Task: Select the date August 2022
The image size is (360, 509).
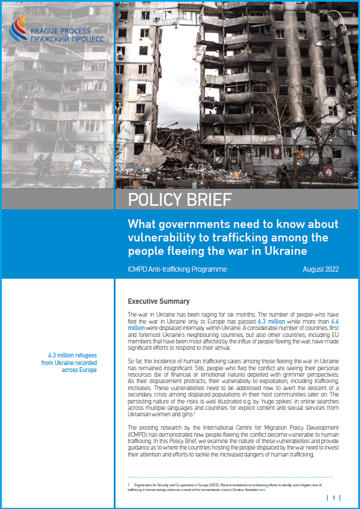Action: point(321,269)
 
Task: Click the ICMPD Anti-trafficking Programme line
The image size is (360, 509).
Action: point(177,269)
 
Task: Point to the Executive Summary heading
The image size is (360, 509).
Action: point(159,301)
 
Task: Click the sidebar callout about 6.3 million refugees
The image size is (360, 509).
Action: point(72,361)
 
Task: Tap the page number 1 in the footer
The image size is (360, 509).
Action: point(334,497)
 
